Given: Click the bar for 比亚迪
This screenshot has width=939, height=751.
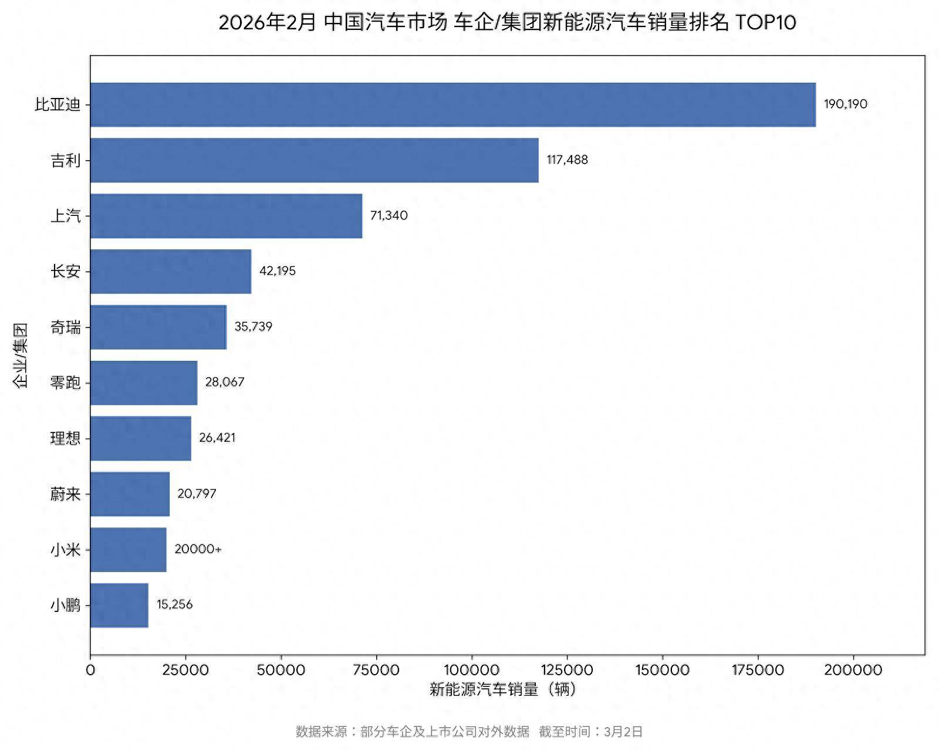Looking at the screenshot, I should [452, 104].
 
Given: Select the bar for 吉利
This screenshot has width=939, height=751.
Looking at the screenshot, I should [314, 160].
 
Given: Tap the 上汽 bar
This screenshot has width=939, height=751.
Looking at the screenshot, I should [226, 216].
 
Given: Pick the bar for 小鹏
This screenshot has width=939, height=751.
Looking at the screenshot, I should [119, 605].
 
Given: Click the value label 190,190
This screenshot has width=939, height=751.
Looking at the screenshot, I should [845, 104].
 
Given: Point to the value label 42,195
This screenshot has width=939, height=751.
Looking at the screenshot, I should [278, 271].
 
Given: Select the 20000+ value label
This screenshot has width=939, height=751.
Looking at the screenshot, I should [198, 549].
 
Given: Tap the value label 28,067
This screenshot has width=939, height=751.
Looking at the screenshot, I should [225, 382].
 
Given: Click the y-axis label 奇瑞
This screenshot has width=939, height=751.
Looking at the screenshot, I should [65, 327].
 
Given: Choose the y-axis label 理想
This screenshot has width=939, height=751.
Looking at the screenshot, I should [65, 438].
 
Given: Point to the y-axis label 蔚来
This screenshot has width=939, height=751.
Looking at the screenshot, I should [65, 494].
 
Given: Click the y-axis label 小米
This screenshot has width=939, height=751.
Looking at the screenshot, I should [65, 550].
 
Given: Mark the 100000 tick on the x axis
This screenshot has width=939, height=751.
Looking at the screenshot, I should [471, 670].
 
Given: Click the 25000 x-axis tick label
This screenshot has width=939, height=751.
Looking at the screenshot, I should [185, 670].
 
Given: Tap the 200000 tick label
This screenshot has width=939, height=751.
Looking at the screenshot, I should [853, 670].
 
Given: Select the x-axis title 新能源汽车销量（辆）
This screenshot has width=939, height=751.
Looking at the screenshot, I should [503, 689].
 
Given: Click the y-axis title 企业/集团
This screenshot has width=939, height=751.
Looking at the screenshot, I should [21, 355].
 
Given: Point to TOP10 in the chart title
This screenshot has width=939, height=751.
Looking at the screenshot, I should [765, 23].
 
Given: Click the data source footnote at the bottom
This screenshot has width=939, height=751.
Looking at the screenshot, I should [469, 732].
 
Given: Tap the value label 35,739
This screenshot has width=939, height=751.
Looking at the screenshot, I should [253, 327].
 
